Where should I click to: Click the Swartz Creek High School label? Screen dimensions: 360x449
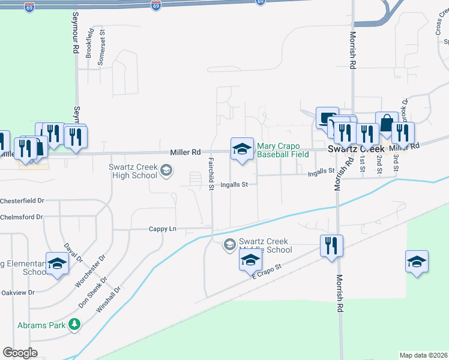point(133,171)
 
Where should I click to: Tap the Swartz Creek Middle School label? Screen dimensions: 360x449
point(265,245)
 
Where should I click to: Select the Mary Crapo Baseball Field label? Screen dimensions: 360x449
point(283,150)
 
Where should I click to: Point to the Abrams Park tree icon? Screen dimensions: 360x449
point(74,325)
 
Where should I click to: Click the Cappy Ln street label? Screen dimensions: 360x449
point(163,229)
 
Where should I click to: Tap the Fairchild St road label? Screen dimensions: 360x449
point(211,174)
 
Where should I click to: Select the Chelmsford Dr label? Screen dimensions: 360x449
point(22,217)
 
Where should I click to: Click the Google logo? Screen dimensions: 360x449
point(20,352)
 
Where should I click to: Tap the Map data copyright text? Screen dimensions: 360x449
point(424,355)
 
